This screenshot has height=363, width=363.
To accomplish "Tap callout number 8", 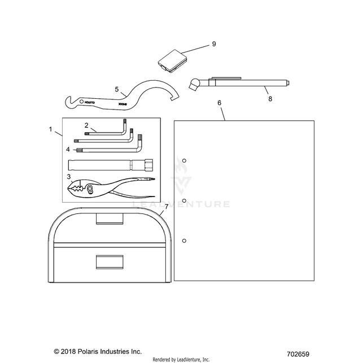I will click(x=270, y=98).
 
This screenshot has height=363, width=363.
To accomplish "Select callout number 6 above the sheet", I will click(x=219, y=103).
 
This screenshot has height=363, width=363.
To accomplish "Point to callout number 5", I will click(x=117, y=89).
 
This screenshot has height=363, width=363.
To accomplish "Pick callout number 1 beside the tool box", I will click(x=51, y=130).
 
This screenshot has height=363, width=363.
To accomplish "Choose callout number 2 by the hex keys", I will click(x=86, y=124).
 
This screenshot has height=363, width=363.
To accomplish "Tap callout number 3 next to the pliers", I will click(x=69, y=176).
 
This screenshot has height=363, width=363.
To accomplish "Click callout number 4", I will click(x=68, y=150).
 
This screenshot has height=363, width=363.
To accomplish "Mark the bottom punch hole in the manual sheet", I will click(x=184, y=241).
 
